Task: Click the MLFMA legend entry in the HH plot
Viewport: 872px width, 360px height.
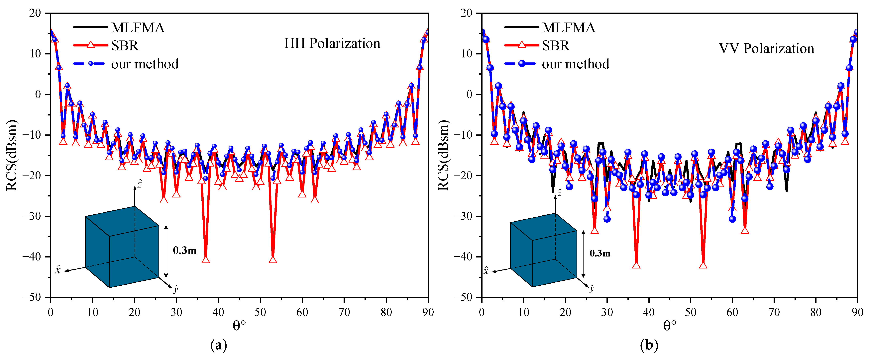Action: (x=137, y=28)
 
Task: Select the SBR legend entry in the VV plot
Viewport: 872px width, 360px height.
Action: (x=556, y=46)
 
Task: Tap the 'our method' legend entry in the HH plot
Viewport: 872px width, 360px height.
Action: (x=145, y=64)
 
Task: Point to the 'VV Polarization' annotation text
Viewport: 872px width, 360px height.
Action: (x=766, y=48)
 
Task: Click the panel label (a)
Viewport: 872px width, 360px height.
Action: (x=219, y=345)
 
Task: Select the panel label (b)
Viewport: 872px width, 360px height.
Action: (x=649, y=345)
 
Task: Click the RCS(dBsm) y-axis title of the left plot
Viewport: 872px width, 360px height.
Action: (x=12, y=155)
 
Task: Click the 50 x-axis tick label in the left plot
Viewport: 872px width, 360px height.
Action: (x=260, y=312)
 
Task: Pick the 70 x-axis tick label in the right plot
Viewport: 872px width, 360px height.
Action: (x=774, y=312)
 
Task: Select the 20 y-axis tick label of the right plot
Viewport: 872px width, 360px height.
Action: (x=466, y=13)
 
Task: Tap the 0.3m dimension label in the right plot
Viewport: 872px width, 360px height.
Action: (x=600, y=253)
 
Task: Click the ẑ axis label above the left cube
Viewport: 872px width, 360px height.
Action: (x=139, y=184)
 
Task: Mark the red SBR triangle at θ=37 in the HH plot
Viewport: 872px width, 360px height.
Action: (x=205, y=259)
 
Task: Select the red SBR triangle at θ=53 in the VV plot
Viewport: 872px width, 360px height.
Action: (x=703, y=265)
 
